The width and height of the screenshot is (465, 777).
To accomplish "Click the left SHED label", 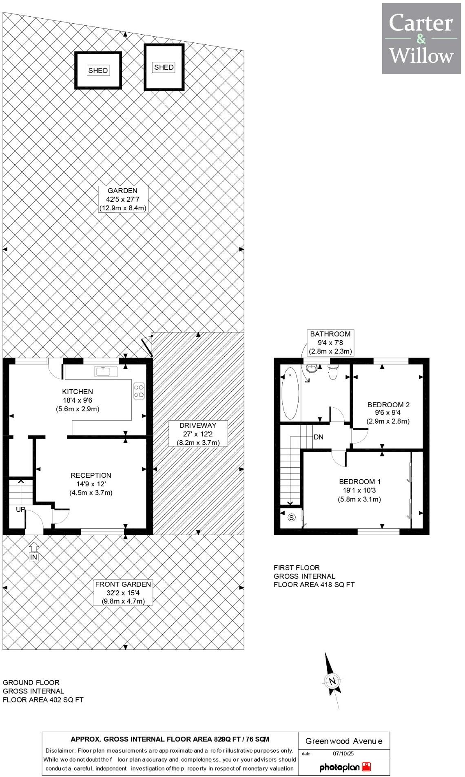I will click(98, 71).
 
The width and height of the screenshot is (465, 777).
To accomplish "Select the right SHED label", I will click(164, 67).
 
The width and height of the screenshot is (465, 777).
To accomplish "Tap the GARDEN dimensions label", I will click(122, 199).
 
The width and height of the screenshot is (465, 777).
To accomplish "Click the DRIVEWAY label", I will click(198, 434).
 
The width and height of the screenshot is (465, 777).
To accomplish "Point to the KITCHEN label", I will click(77, 400).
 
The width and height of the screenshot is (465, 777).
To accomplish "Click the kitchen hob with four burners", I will click(139, 391).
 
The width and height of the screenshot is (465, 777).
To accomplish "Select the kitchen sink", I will click(106, 371).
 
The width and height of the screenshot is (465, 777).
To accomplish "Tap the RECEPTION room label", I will click(91, 484).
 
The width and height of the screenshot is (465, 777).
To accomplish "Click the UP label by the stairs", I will click(20, 510).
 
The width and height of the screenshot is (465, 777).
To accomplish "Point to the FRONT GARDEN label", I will click(123, 593).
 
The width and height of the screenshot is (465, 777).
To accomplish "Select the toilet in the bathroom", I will click(333, 372).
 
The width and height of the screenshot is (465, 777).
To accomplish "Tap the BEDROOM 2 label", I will click(388, 413).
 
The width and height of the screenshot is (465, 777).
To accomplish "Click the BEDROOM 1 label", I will click(359, 490).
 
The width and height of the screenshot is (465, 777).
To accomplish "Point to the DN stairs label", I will click(319, 437).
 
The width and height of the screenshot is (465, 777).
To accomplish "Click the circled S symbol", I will click(291, 518).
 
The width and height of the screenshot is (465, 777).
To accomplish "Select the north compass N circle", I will click(333, 681).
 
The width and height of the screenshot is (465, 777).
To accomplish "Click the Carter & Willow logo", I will click(421, 39).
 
